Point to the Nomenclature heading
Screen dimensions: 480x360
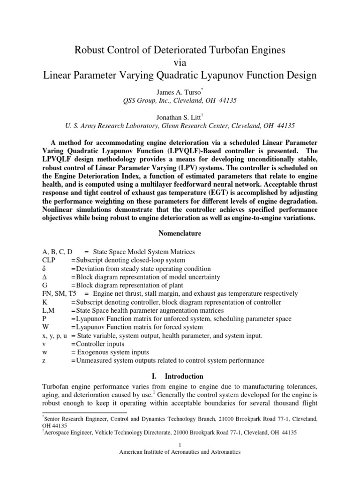[x=180, y=233]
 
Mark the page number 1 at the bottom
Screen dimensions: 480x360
[x=180, y=444]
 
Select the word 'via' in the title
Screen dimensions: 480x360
[x=180, y=62]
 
